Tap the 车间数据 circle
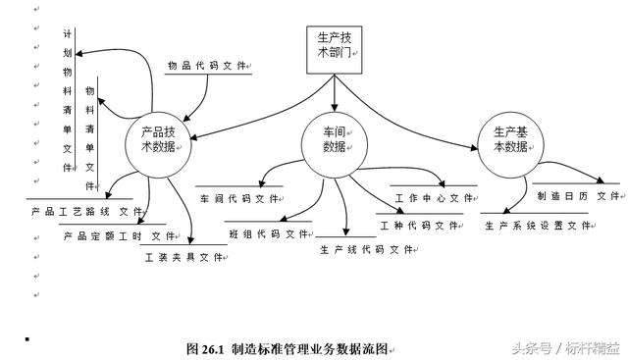[x=335, y=139]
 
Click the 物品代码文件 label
[x=206, y=66]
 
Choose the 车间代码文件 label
[x=239, y=198]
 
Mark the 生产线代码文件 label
[x=367, y=249]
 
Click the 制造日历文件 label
[x=578, y=195]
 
